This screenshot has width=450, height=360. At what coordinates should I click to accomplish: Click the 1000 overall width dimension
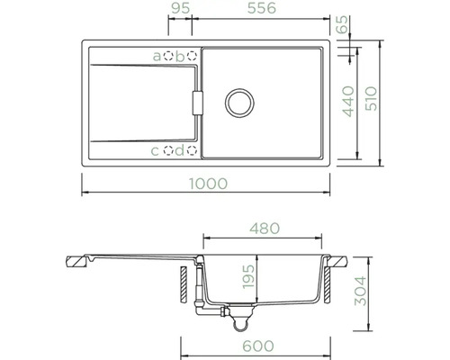209,184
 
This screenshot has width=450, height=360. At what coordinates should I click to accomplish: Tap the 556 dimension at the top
262,8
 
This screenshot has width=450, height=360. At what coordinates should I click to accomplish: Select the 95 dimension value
181,8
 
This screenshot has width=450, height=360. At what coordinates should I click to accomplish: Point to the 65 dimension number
342,24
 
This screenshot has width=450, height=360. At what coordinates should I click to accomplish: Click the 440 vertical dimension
348,102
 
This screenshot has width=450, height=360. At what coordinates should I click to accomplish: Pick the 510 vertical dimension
371,98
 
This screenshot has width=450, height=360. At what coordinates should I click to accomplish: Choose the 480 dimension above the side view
265,229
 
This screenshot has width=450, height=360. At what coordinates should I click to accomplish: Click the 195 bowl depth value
248,276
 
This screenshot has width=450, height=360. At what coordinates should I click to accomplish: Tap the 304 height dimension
361,291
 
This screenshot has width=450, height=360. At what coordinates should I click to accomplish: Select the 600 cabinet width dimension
258,346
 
